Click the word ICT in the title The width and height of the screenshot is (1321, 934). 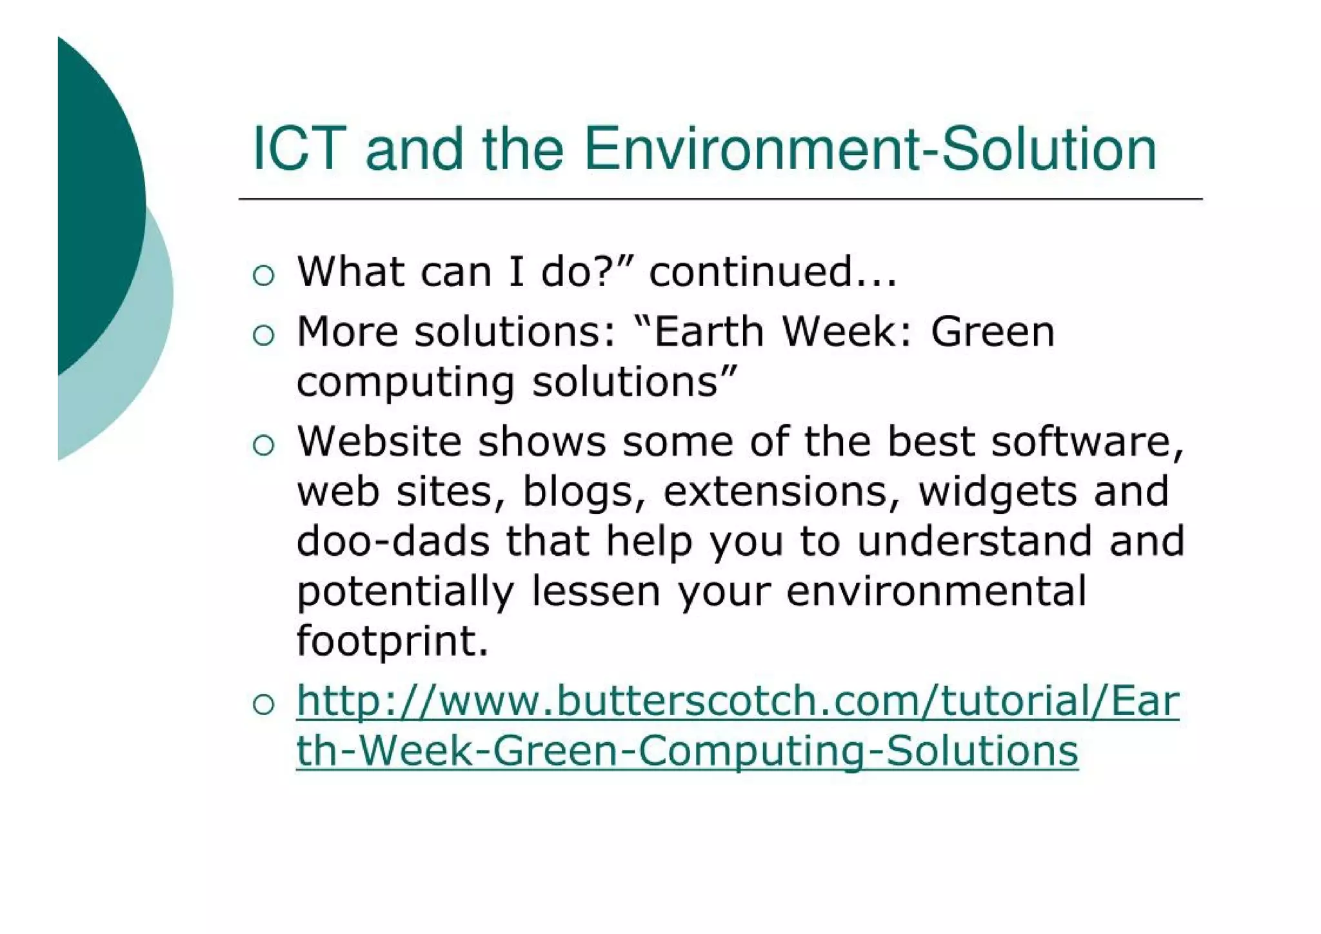pos(299,150)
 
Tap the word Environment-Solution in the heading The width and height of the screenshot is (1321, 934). pos(869,150)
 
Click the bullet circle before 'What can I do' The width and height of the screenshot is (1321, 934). pos(264,276)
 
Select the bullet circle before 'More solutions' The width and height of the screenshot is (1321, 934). pos(264,336)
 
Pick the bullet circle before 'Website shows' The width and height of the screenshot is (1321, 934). pos(264,445)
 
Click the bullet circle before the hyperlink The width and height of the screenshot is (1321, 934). pos(264,704)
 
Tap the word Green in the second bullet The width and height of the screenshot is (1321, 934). pos(992,332)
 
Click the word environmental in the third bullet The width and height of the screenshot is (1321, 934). pos(936,591)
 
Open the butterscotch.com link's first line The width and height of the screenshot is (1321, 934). pos(737,701)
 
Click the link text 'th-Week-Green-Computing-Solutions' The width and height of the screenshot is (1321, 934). pos(687,751)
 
